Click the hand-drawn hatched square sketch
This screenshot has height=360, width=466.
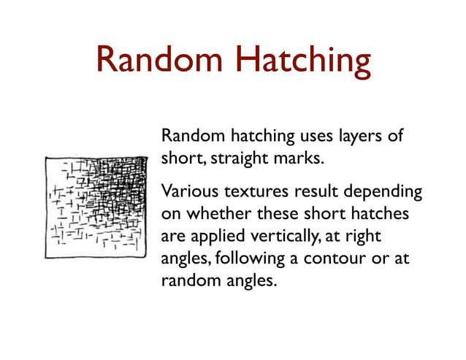pos(95,207)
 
